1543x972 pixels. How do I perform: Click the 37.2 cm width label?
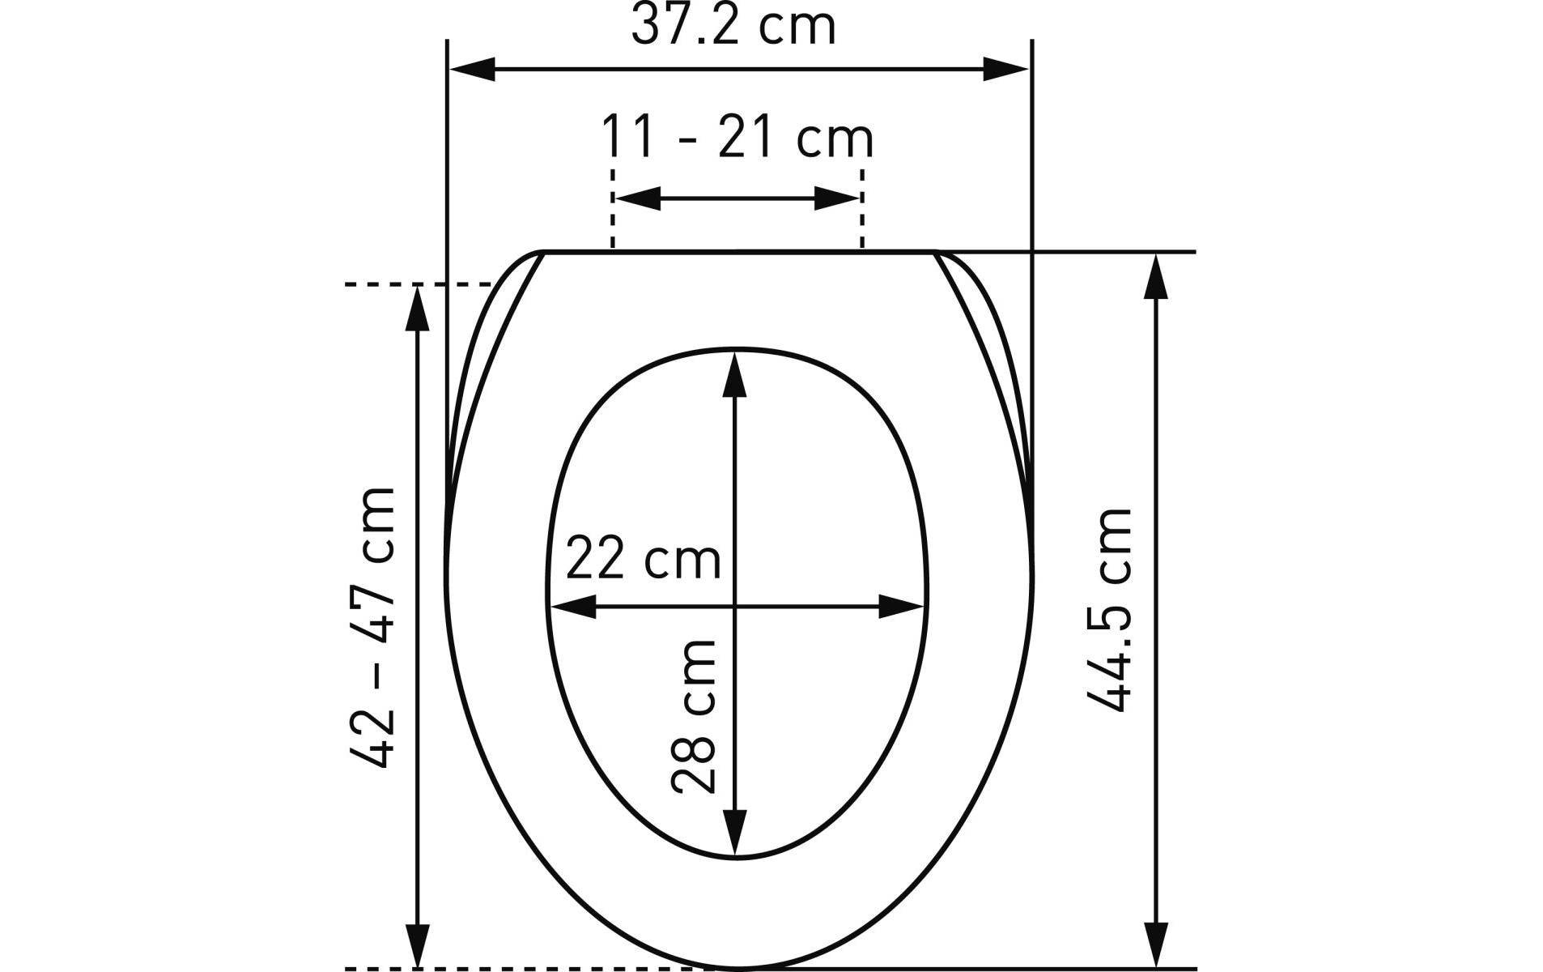click(733, 25)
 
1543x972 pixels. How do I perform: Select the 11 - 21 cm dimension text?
click(737, 138)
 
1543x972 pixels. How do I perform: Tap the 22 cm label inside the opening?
click(643, 558)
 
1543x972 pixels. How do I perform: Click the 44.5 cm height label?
click(1108, 610)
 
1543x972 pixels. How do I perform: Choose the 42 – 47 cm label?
click(372, 627)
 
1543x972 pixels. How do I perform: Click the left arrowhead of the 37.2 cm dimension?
click(471, 70)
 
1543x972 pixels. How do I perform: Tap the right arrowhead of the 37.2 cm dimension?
click(1005, 70)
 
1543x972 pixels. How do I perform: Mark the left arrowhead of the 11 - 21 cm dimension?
click(637, 198)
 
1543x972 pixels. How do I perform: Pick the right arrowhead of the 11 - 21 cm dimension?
click(837, 198)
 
